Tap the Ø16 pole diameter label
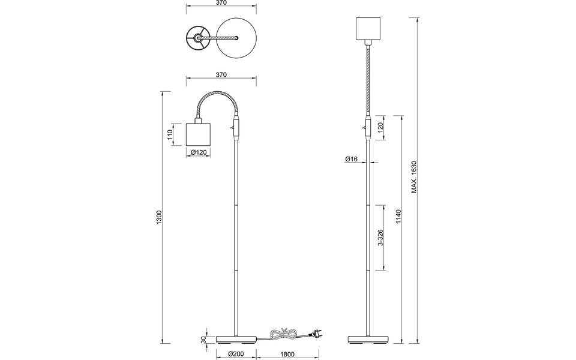click(x=352, y=159)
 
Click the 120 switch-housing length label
click(x=381, y=127)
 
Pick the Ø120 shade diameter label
click(x=198, y=152)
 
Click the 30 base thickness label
click(x=203, y=340)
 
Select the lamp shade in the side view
click(x=198, y=134)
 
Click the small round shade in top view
click(x=197, y=38)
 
